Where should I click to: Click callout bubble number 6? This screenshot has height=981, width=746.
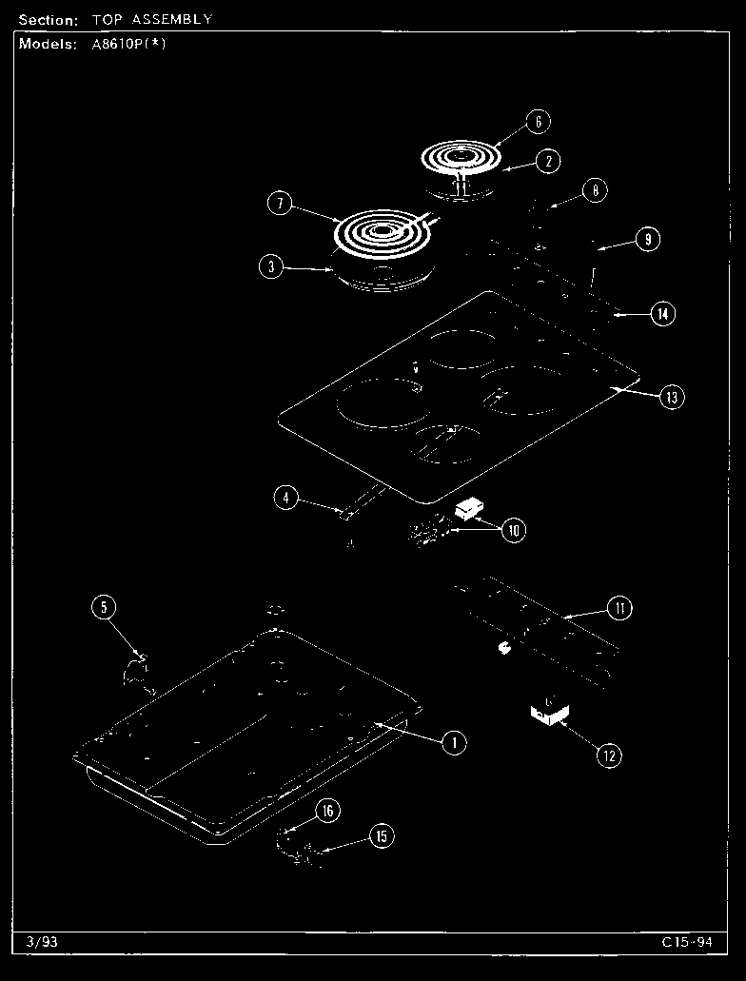(x=539, y=121)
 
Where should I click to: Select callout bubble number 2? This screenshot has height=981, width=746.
(x=548, y=162)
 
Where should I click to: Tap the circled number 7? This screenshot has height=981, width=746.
(x=280, y=204)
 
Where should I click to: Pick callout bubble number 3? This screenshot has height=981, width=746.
(x=271, y=266)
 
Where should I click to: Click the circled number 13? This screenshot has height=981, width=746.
(x=672, y=398)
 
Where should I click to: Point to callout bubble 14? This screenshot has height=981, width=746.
(x=663, y=313)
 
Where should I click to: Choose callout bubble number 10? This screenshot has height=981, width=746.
(x=514, y=531)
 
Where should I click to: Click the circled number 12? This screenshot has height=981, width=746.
(x=609, y=755)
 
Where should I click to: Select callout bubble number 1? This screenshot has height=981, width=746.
(x=455, y=742)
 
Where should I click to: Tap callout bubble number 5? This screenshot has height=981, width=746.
(x=104, y=606)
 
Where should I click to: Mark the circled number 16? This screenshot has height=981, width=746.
(x=328, y=811)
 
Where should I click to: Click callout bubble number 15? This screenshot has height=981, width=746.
(x=382, y=835)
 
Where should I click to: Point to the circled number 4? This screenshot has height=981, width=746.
(x=286, y=498)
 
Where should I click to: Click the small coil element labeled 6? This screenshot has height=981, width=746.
(x=461, y=156)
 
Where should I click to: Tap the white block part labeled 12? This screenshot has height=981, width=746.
(x=549, y=714)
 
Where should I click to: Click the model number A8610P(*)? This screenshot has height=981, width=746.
(x=129, y=45)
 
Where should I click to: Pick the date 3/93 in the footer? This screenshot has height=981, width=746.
(x=42, y=942)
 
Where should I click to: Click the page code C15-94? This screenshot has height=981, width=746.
(x=687, y=942)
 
